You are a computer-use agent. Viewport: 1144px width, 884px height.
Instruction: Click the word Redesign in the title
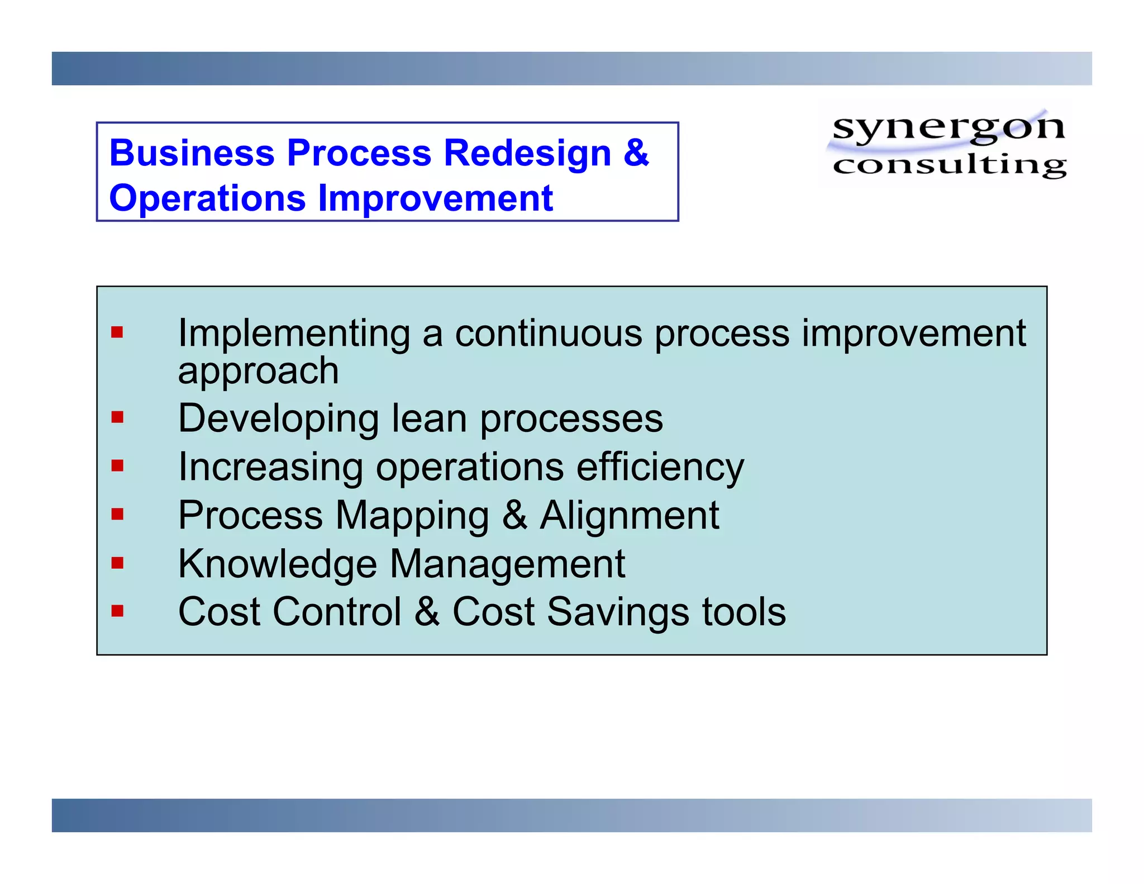tap(527, 154)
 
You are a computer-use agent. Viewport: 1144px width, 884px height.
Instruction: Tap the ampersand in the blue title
tap(636, 153)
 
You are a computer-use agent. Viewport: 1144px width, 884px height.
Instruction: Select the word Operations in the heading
tap(207, 198)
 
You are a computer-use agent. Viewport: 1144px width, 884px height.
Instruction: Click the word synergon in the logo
tap(948, 127)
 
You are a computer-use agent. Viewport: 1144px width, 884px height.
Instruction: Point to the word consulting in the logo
tap(949, 165)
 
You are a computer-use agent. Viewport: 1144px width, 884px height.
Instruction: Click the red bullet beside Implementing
tap(117, 333)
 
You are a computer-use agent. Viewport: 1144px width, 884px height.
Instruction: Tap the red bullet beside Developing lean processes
tap(117, 417)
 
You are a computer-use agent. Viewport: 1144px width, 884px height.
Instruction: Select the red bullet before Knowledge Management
tap(117, 562)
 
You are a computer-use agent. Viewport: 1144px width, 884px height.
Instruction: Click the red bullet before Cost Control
tap(117, 610)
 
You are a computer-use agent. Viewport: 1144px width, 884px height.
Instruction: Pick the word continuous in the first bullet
tap(549, 334)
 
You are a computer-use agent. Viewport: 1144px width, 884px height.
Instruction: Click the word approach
tap(258, 371)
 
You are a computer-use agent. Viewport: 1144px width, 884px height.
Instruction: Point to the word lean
tap(428, 419)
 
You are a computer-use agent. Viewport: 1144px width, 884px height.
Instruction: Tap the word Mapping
tap(412, 516)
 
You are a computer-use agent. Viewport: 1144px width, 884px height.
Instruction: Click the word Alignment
tap(629, 515)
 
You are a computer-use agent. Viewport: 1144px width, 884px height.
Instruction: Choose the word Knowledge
tap(277, 564)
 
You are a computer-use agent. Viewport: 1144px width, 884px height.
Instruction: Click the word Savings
tap(618, 612)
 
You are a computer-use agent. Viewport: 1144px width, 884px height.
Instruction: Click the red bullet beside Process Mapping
tap(117, 514)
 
